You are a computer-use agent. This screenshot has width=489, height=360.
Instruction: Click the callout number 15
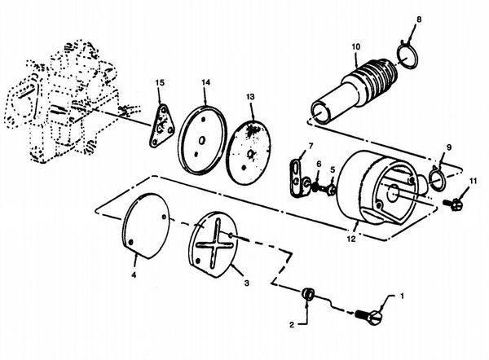click(x=160, y=83)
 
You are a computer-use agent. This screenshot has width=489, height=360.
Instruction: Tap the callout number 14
click(x=206, y=82)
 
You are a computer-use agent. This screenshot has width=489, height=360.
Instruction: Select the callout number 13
click(x=250, y=97)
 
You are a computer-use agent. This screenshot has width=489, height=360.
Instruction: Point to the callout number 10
click(x=356, y=46)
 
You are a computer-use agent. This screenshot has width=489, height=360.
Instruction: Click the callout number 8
click(x=419, y=20)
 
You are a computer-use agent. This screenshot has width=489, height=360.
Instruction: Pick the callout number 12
click(x=351, y=239)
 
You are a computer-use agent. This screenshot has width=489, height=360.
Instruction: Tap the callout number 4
click(x=134, y=275)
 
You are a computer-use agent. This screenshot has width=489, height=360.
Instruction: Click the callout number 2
click(x=292, y=325)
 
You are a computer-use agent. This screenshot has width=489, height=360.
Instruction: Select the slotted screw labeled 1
click(x=369, y=316)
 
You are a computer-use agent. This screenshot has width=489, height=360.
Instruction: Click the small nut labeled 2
click(x=308, y=293)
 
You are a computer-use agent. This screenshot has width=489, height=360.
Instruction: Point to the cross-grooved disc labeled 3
click(x=214, y=244)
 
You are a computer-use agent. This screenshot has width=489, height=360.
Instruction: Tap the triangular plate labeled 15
click(x=161, y=125)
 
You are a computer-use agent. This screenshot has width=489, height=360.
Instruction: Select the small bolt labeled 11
click(x=453, y=204)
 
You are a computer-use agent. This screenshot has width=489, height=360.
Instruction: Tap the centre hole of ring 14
click(x=202, y=141)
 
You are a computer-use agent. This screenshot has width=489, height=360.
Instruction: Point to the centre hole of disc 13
click(x=250, y=154)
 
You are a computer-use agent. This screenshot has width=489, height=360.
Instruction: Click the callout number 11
click(x=473, y=181)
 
